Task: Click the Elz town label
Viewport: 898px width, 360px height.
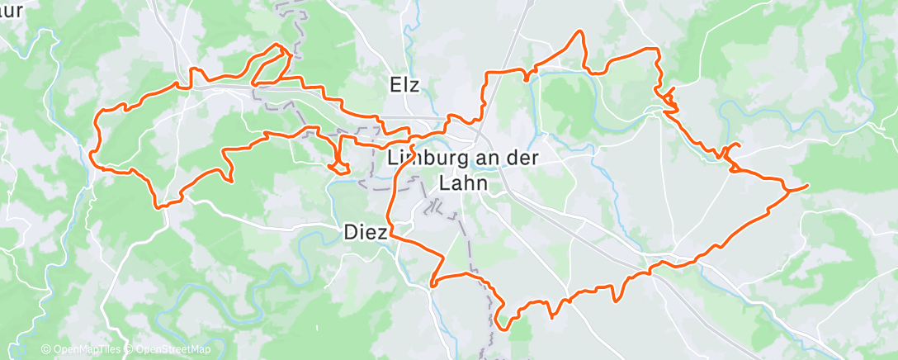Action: click(x=405, y=84)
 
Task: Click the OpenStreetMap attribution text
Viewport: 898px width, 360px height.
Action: click(x=173, y=350)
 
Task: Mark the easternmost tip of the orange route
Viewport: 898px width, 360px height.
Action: click(x=807, y=185)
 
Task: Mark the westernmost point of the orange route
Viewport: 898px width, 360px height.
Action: click(x=90, y=152)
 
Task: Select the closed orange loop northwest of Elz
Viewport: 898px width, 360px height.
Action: click(x=271, y=64)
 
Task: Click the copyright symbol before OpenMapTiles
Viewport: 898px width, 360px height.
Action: click(x=46, y=350)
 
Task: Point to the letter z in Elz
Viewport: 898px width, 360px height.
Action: click(x=416, y=84)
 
